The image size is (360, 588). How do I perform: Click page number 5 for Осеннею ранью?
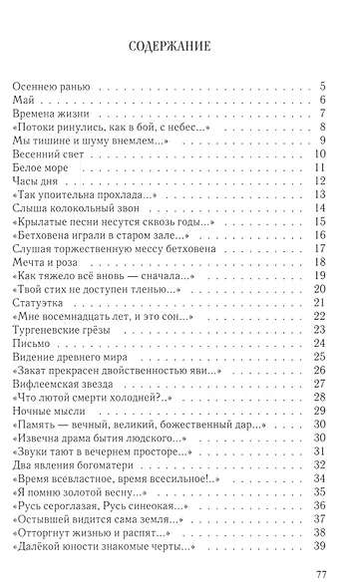[x=325, y=88]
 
